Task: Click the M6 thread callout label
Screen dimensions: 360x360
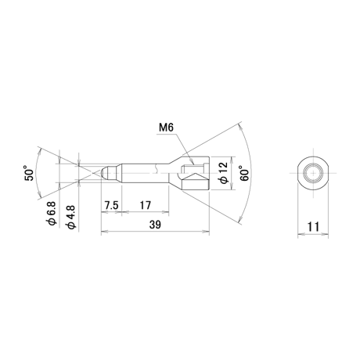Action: click(166, 128)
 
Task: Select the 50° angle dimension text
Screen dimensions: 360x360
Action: click(29, 173)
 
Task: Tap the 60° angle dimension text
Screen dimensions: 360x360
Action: click(244, 173)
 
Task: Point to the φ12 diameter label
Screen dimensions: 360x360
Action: click(224, 173)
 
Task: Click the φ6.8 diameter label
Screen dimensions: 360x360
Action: click(52, 214)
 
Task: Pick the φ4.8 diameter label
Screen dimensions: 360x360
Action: click(71, 218)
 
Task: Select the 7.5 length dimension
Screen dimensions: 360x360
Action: click(111, 205)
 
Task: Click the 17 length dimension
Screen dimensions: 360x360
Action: click(146, 205)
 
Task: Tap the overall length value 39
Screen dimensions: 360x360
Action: click(155, 225)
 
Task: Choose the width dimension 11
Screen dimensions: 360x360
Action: click(313, 227)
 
